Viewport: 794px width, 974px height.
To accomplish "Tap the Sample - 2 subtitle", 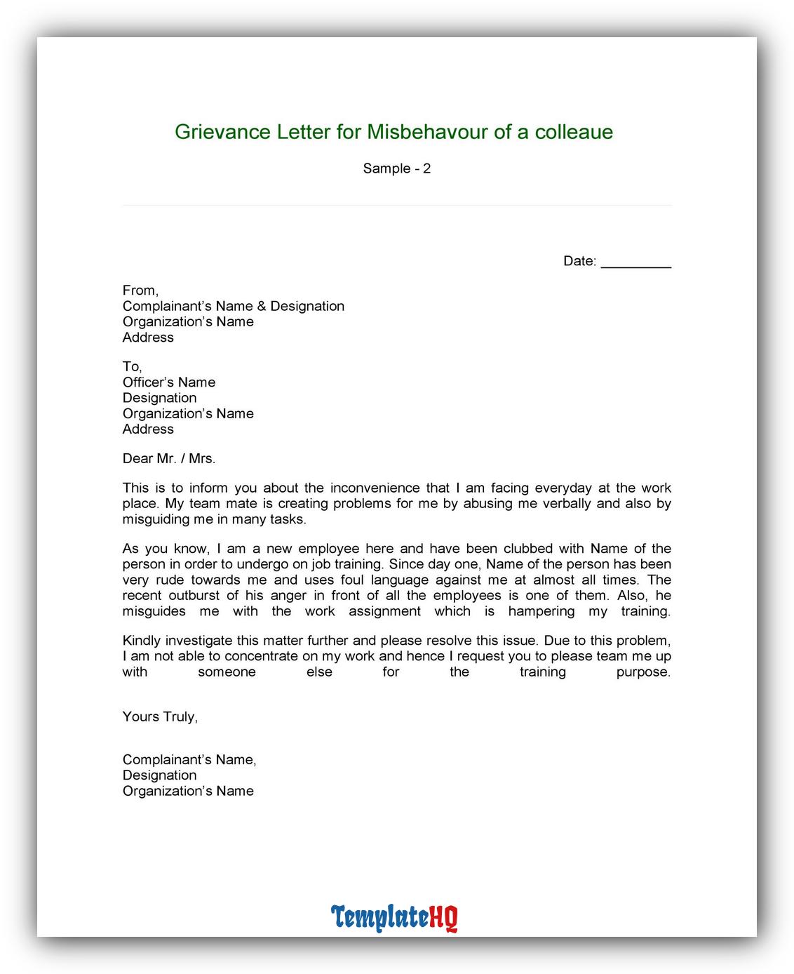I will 396,168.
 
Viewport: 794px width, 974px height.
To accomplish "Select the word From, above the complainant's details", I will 140,291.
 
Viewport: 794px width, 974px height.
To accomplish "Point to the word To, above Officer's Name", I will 132,366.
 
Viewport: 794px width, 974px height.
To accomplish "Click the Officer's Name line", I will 169,382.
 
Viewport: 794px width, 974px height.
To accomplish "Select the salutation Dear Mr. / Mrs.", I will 169,459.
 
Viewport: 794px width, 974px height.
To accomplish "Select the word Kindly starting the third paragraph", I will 142,641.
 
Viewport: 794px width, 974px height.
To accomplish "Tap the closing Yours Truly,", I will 160,716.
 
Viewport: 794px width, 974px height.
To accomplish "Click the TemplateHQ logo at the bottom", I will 394,917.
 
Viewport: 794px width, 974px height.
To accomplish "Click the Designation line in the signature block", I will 159,775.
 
